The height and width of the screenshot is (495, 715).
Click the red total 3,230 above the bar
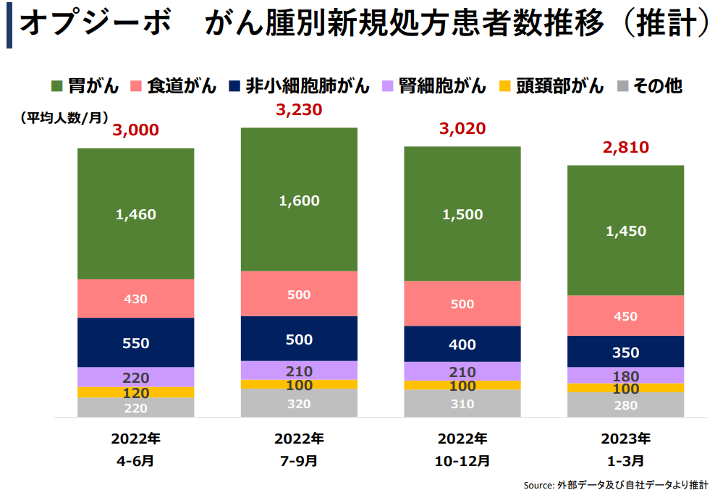(x=299, y=110)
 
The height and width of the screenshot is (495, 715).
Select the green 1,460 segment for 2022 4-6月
(x=136, y=214)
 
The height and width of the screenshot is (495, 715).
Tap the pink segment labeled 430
(x=136, y=298)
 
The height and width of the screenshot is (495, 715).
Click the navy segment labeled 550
(x=136, y=343)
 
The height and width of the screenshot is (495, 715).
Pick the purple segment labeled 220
(x=136, y=377)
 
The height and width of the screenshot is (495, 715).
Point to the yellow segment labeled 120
(x=136, y=393)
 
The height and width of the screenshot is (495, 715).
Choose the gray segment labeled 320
(x=299, y=404)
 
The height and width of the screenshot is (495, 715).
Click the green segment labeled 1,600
(x=299, y=200)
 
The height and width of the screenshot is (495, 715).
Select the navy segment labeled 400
(x=462, y=344)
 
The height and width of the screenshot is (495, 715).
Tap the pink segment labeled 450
(x=625, y=316)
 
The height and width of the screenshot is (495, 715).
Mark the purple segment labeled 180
(x=625, y=376)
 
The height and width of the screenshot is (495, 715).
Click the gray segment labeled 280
(x=625, y=405)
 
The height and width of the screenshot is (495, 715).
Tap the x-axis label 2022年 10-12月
(x=462, y=449)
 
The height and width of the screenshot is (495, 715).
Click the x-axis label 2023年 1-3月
(x=625, y=449)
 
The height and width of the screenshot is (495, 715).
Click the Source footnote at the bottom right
(x=615, y=484)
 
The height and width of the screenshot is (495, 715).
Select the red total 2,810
(x=625, y=148)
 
